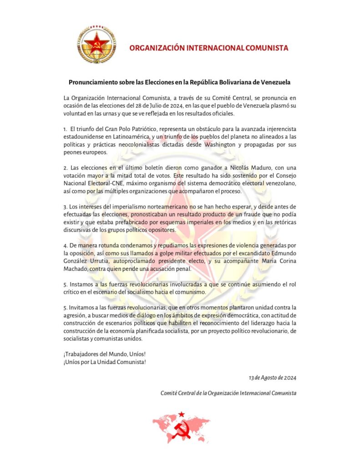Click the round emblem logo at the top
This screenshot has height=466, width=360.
click(96, 44)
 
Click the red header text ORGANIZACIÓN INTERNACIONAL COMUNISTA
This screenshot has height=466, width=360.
click(209, 48)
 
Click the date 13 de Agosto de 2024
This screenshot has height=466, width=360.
click(272, 377)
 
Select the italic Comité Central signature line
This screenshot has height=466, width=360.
click(228, 392)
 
